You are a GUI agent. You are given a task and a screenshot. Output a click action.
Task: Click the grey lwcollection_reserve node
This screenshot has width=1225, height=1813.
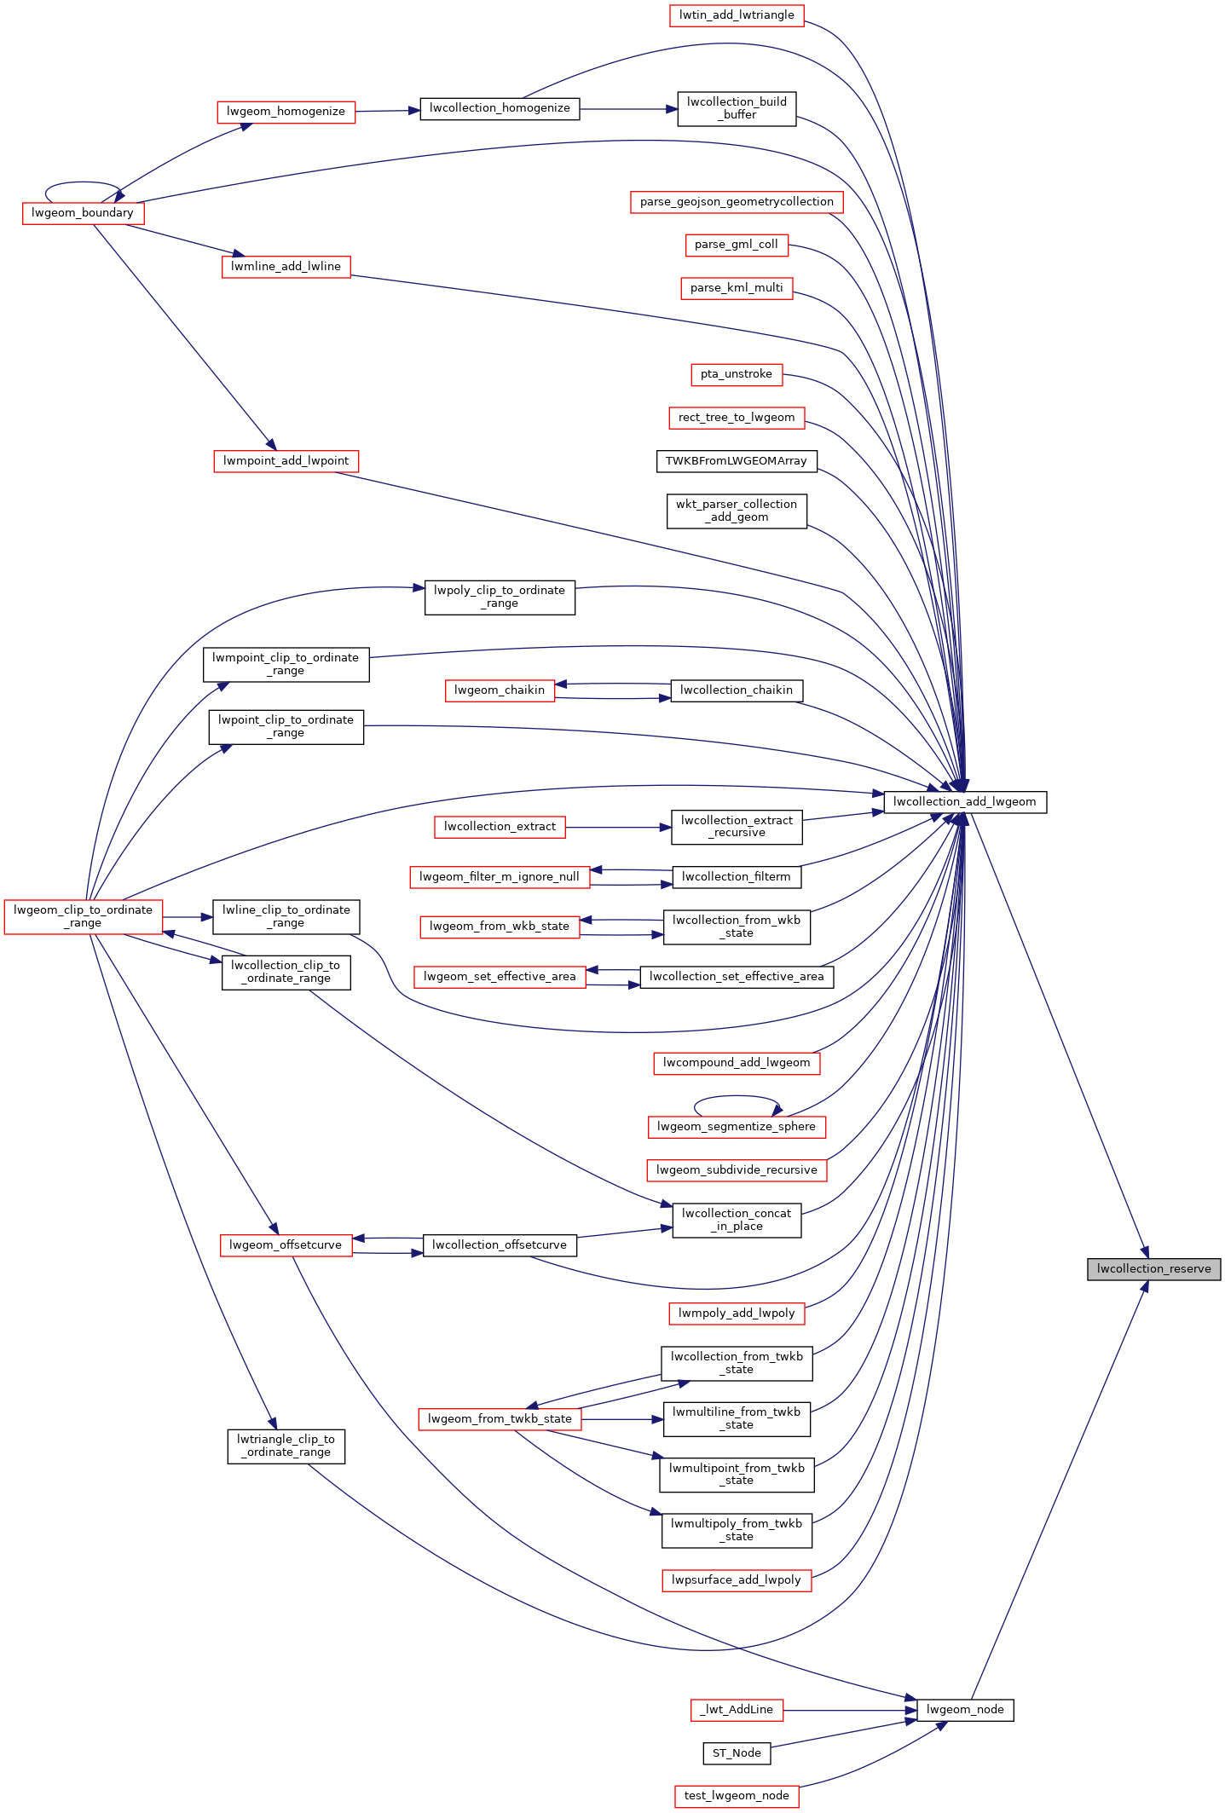coord(1153,1269)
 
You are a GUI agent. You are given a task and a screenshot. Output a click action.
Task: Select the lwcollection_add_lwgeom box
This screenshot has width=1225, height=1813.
coord(964,802)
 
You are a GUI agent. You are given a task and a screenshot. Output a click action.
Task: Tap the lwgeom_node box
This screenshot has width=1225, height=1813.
coord(964,1710)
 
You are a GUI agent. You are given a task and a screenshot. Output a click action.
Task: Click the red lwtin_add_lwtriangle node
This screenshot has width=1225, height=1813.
coord(737,15)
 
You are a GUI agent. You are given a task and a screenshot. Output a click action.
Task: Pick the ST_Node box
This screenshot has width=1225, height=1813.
coord(737,1753)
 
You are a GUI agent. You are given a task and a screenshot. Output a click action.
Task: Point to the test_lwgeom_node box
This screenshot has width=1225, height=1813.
coord(737,1796)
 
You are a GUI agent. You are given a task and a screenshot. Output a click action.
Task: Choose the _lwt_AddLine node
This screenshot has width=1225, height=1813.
coord(737,1710)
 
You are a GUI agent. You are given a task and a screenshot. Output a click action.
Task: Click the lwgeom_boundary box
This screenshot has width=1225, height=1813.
coord(83,213)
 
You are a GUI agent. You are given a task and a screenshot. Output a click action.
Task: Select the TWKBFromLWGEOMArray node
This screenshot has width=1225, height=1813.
coord(737,461)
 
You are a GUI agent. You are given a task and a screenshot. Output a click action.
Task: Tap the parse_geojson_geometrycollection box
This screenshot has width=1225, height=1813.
coord(737,202)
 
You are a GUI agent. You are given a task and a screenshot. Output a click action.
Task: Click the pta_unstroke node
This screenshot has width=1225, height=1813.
coord(737,374)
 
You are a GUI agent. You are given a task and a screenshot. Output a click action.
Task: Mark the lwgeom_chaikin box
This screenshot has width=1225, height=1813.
coord(500,690)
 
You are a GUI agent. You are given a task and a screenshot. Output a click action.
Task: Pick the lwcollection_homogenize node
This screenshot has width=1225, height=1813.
coord(500,108)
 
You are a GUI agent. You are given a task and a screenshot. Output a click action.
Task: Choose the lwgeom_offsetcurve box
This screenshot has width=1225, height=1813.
coord(286,1245)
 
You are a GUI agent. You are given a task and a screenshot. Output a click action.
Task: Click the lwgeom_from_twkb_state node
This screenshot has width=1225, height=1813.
coord(500,1419)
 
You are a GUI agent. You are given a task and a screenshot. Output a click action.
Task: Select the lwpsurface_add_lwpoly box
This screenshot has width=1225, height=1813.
coord(737,1580)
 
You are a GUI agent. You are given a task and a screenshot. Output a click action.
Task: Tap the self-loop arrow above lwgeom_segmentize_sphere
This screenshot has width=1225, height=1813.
coord(736,1096)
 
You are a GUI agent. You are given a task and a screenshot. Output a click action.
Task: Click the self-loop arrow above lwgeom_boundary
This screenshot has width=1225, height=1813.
coord(82,182)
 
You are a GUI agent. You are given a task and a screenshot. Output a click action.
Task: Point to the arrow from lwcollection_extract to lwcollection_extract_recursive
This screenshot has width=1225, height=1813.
coord(617,827)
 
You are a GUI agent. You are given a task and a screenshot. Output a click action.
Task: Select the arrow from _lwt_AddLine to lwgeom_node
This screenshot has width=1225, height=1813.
coord(849,1710)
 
